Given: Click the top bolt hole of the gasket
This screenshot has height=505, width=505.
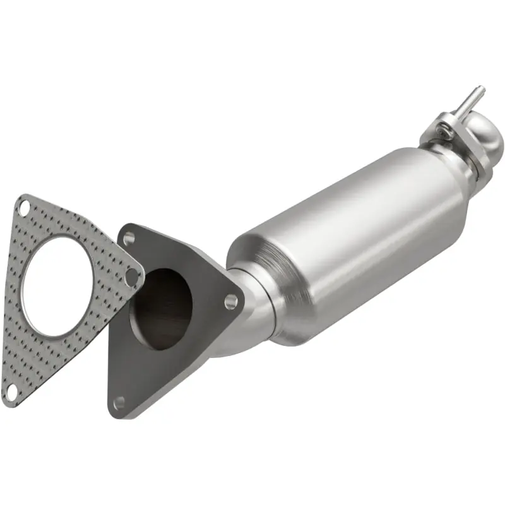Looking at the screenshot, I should [24, 206].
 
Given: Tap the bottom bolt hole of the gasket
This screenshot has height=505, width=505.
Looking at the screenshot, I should [11, 393].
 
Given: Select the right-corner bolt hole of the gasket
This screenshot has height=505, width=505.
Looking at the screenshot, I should [132, 276].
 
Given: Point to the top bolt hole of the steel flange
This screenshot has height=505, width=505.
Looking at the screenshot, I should [129, 238].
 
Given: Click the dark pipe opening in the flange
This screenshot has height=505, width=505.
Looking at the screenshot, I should [161, 309].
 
